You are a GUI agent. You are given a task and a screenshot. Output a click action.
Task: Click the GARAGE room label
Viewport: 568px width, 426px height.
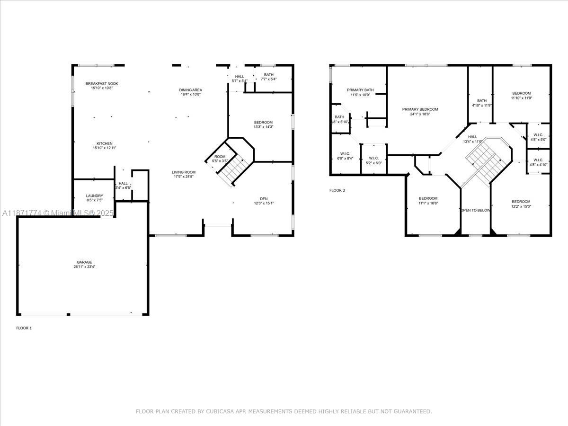coord(85,262)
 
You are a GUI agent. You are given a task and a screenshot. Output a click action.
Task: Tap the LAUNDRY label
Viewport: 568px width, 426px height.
coord(94,195)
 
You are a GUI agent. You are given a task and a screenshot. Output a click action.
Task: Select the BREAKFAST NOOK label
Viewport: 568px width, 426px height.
coord(102,84)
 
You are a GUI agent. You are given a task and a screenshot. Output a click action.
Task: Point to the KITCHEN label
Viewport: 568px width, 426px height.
coord(105,143)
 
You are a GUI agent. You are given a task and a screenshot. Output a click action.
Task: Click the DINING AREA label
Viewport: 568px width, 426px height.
coord(191,90)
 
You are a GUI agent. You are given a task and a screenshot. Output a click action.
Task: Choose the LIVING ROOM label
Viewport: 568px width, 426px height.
coord(183,172)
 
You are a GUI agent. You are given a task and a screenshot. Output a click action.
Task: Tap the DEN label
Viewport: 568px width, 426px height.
coord(264,199)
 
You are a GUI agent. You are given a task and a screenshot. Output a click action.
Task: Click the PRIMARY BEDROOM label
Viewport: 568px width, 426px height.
coord(420,109)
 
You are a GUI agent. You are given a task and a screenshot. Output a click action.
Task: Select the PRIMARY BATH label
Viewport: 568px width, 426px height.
coord(360,90)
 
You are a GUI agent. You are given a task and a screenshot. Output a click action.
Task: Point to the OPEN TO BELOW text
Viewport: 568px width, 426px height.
coord(476,210)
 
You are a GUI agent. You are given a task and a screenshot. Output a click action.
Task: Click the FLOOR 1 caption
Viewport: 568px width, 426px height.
coord(24,328)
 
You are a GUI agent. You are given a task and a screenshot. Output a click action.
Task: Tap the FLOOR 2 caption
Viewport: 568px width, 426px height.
coord(337,190)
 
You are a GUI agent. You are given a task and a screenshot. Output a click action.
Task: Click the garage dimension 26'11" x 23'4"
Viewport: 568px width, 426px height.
coord(85,267)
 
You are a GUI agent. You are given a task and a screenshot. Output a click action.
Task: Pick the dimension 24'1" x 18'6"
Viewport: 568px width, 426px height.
coord(420,114)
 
